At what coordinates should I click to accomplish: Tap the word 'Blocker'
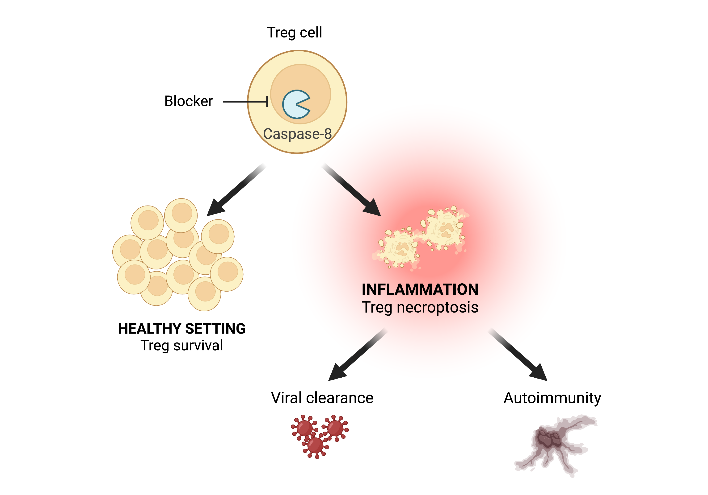pyautogui.click(x=188, y=101)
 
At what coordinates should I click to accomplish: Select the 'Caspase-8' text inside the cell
pyautogui.click(x=297, y=134)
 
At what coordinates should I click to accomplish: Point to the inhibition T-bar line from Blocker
pyautogui.click(x=245, y=101)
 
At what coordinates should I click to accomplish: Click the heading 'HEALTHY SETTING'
pyautogui.click(x=182, y=329)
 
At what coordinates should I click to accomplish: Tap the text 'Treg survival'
pyautogui.click(x=182, y=345)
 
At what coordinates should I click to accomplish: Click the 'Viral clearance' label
pyautogui.click(x=322, y=398)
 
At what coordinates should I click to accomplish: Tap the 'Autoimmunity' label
pyautogui.click(x=552, y=398)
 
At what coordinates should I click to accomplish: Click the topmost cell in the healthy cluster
pyautogui.click(x=181, y=215)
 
